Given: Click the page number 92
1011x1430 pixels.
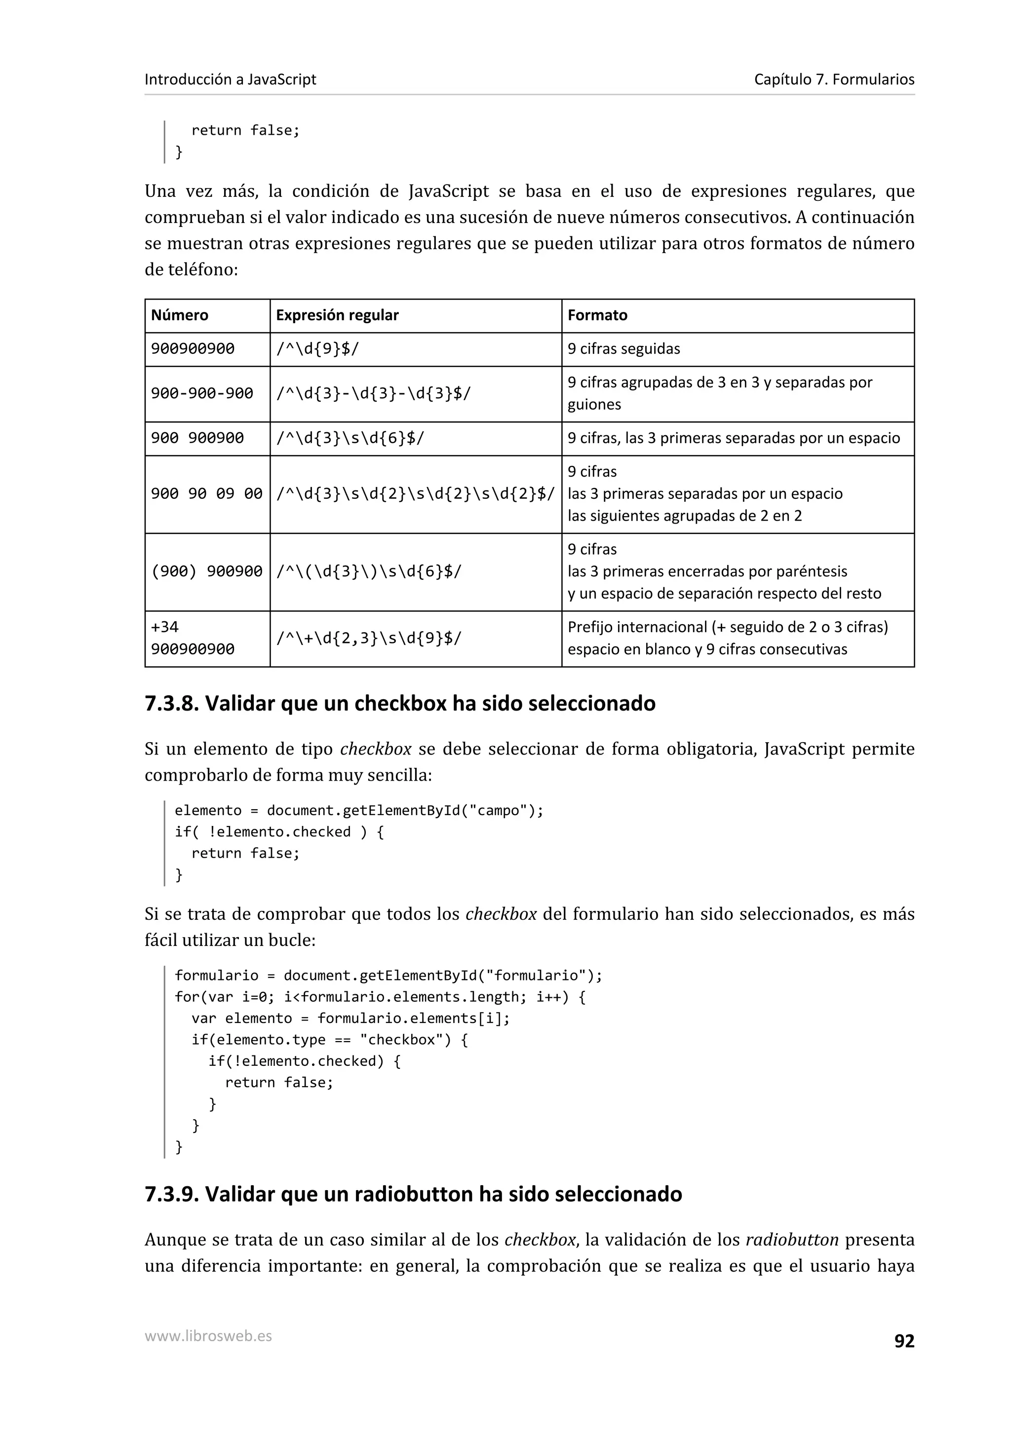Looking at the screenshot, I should point(904,1341).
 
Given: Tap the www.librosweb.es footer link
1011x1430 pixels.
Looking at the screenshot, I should point(208,1336).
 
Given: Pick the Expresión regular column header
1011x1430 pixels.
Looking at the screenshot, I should point(337,315).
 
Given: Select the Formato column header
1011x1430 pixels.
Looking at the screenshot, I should point(597,315).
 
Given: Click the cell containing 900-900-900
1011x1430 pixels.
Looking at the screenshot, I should point(202,394).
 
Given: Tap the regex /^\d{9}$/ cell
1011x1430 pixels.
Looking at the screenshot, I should point(318,349).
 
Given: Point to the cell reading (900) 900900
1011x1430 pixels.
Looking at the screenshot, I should point(207,571).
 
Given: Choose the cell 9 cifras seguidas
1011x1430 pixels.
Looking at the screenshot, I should point(623,349).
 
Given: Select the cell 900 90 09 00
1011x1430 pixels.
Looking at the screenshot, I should point(207,494).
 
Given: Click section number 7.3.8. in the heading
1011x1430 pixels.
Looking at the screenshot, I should point(171,703).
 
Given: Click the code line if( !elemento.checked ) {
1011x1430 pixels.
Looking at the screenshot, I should point(279,832).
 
